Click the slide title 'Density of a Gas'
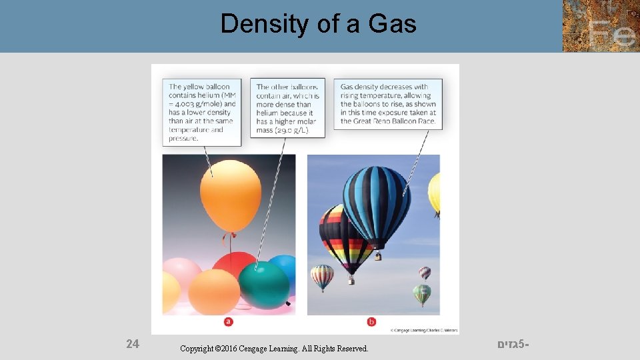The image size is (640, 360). tap(319, 24)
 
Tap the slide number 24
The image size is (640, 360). tap(133, 344)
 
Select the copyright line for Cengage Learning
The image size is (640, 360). tap(274, 349)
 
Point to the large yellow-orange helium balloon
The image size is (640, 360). tap(231, 195)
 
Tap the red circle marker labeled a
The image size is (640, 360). tap(229, 322)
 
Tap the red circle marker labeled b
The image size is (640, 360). tap(371, 322)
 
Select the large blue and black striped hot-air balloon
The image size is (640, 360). tap(377, 203)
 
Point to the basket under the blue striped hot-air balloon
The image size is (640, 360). tap(378, 255)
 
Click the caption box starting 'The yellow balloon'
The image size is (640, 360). tap(203, 112)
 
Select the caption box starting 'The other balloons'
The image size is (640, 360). tap(287, 108)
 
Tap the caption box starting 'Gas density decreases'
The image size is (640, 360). tap(388, 104)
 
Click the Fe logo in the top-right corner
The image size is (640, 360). tap(600, 26)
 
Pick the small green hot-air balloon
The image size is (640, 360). tap(421, 294)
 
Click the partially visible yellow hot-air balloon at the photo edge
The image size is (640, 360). tap(434, 193)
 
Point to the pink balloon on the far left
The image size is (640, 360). tap(181, 273)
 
